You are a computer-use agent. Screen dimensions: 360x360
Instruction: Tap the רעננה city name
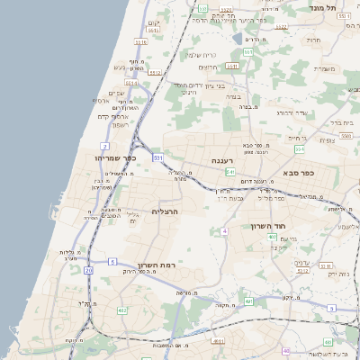coord(223,161)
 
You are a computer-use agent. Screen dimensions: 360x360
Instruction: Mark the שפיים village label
coord(117,93)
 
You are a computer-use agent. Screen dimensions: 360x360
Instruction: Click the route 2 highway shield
coord(105,145)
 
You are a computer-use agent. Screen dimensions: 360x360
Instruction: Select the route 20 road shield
coord(88,270)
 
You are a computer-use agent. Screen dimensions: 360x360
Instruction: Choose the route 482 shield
coord(121,309)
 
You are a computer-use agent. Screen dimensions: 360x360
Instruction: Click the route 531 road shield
coord(157,157)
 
